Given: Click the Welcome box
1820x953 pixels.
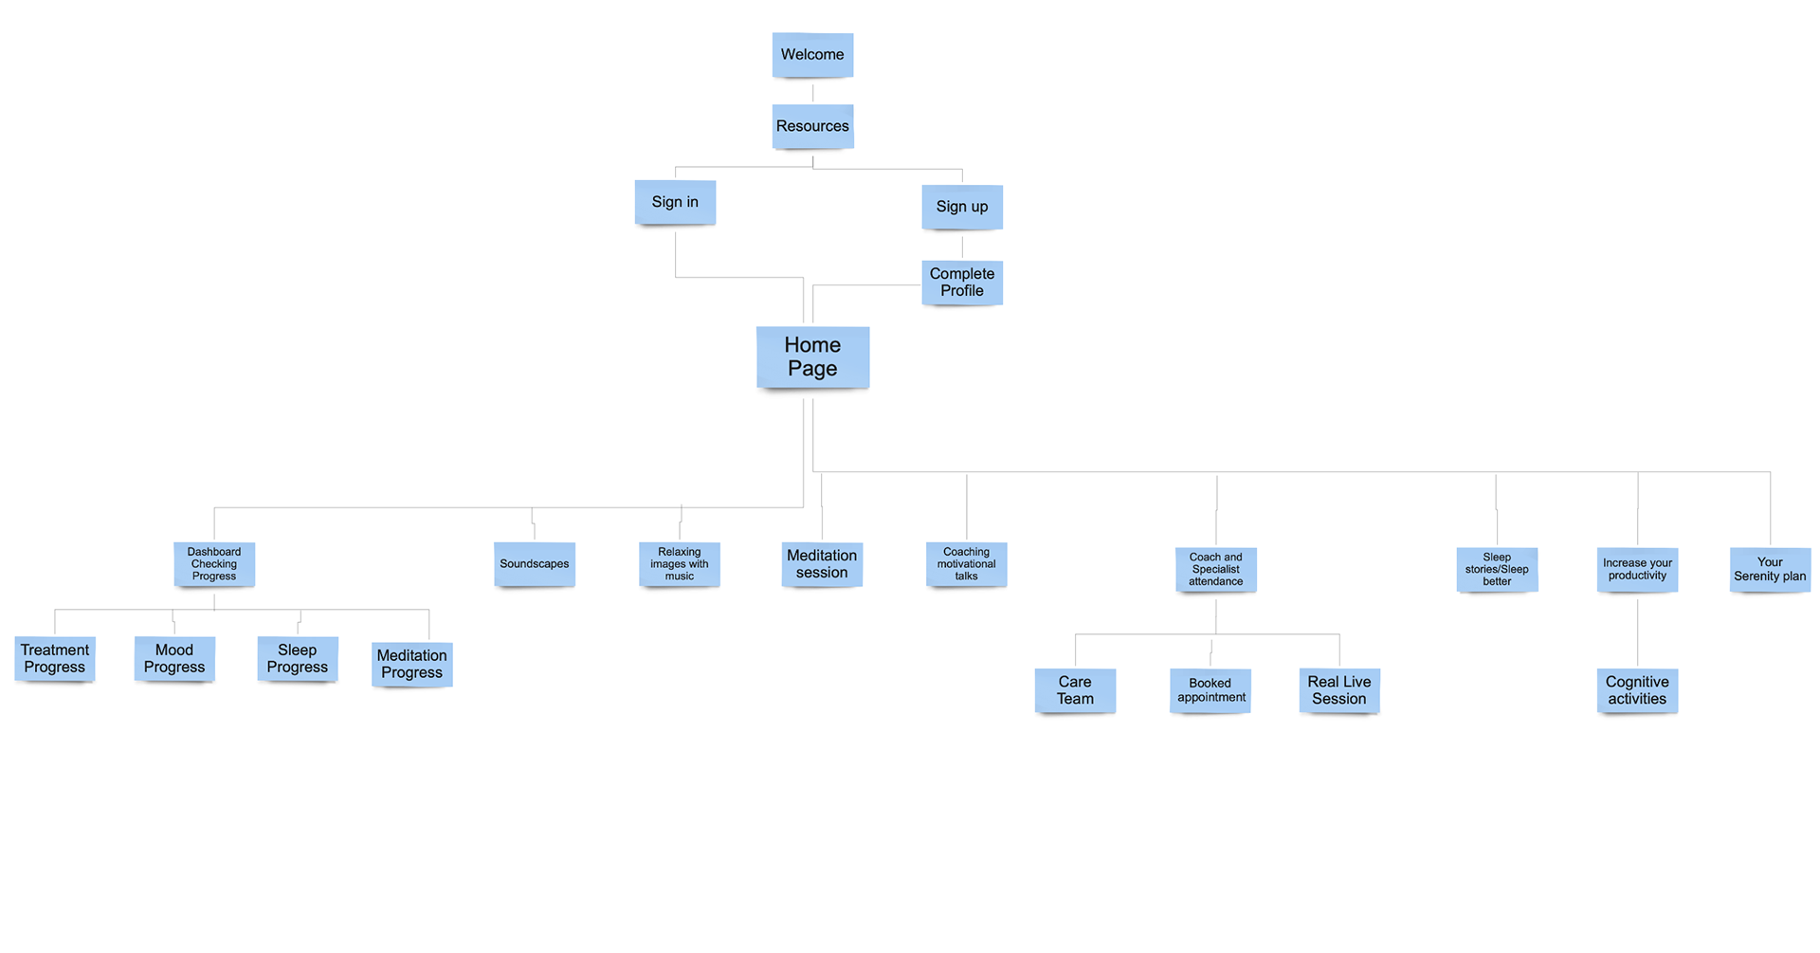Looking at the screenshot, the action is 812,55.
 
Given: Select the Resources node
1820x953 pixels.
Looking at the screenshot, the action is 812,126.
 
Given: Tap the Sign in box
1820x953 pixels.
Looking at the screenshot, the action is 675,202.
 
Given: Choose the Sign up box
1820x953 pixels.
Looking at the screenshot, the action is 962,207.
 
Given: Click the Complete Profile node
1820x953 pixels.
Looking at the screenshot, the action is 962,283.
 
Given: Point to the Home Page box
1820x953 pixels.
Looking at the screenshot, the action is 812,357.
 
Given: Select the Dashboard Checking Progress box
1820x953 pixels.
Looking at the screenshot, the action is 214,564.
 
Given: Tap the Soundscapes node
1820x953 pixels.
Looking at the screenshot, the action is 535,564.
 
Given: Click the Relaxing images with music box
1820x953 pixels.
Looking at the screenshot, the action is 680,564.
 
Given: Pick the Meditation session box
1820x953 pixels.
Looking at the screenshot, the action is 822,564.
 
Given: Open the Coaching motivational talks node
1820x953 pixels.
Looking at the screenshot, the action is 966,564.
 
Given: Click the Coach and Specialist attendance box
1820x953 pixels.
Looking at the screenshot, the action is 1216,570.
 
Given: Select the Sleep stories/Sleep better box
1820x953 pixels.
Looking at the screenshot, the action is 1497,570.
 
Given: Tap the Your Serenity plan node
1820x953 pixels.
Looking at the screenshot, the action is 1770,570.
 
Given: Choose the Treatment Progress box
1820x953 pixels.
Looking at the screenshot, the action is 55,659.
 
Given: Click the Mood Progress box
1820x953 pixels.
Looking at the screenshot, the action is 174,659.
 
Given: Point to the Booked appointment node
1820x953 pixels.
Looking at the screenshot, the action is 1210,690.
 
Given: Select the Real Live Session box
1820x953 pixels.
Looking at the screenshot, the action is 1339,690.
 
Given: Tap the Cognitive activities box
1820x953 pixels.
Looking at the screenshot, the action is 1637,690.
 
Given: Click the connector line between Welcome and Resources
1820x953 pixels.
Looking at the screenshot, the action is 812,92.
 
